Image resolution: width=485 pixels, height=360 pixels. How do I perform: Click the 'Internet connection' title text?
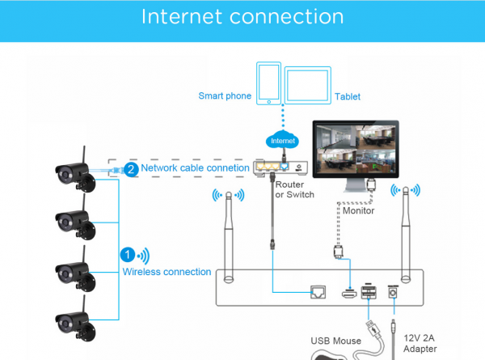tap(242, 17)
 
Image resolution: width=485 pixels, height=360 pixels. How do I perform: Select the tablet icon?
tap(309, 85)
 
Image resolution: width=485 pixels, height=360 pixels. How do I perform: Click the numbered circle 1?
tap(126, 254)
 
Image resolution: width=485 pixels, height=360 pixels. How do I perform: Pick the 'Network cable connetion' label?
tap(195, 168)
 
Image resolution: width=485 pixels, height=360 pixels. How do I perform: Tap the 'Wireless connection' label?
tap(167, 272)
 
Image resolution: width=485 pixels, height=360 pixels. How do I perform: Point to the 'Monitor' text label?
tap(358, 210)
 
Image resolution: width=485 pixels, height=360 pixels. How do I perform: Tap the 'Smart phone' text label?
tap(225, 96)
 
